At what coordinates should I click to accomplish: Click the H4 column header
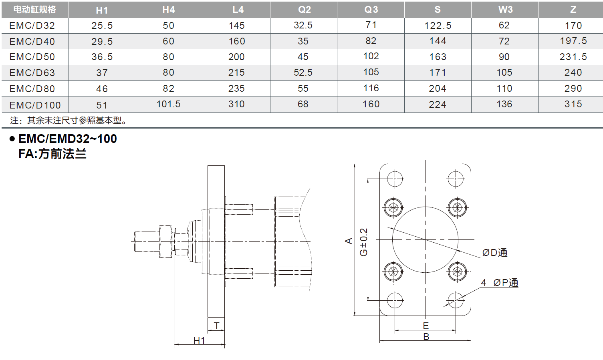(169, 10)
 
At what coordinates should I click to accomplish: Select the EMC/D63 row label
(32, 73)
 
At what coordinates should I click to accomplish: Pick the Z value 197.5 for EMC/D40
(573, 41)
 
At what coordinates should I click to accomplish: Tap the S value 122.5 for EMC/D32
(438, 26)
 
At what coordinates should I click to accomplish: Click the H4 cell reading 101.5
(168, 104)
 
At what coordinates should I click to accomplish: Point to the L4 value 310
(236, 104)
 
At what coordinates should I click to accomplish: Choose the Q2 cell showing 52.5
(303, 72)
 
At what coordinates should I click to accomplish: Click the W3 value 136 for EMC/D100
(504, 104)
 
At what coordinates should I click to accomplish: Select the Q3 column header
(371, 10)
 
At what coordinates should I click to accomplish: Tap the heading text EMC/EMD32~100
(67, 139)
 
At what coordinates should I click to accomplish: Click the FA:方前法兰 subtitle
(52, 154)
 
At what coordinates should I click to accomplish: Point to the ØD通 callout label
(495, 253)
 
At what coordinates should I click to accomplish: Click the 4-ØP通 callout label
(499, 283)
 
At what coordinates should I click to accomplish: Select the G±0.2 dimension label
(363, 242)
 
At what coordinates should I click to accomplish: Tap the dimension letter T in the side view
(216, 326)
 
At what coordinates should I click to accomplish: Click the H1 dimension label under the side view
(199, 340)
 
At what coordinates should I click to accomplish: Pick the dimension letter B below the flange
(426, 337)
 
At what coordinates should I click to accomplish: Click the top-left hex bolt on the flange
(393, 207)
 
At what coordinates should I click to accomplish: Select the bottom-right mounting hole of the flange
(456, 300)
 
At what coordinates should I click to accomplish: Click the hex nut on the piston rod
(165, 241)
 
